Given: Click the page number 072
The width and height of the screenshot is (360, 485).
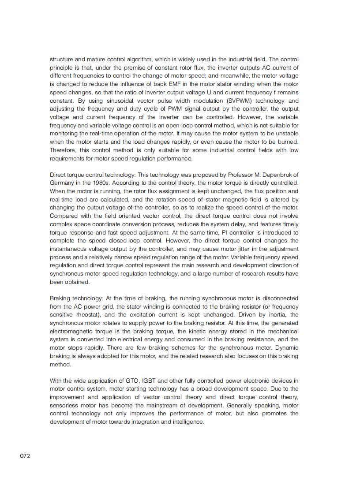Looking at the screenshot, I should tap(25, 456).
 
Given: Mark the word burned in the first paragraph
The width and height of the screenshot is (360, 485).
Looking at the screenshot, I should tap(288, 142).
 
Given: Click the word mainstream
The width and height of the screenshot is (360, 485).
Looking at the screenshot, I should tap(156, 405).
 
